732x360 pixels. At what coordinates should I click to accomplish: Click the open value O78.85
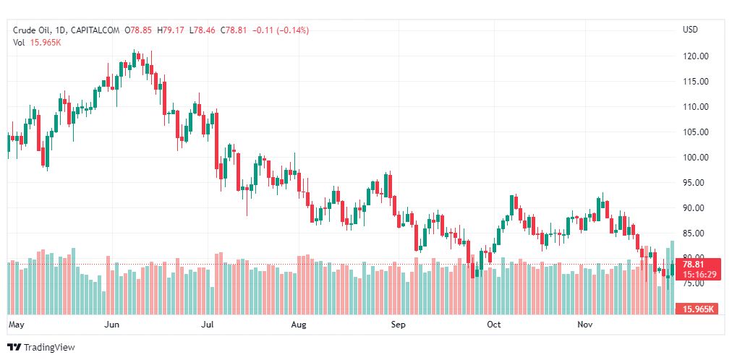(x=138, y=30)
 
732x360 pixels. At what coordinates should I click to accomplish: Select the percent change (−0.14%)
(x=289, y=30)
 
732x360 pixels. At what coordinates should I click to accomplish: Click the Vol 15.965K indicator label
(x=36, y=42)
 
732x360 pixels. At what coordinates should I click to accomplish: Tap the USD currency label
(x=690, y=30)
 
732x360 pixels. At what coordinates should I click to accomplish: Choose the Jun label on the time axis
(x=111, y=325)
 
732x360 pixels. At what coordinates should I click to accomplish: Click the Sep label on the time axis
(x=398, y=325)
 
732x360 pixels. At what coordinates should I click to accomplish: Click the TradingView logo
(x=41, y=348)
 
